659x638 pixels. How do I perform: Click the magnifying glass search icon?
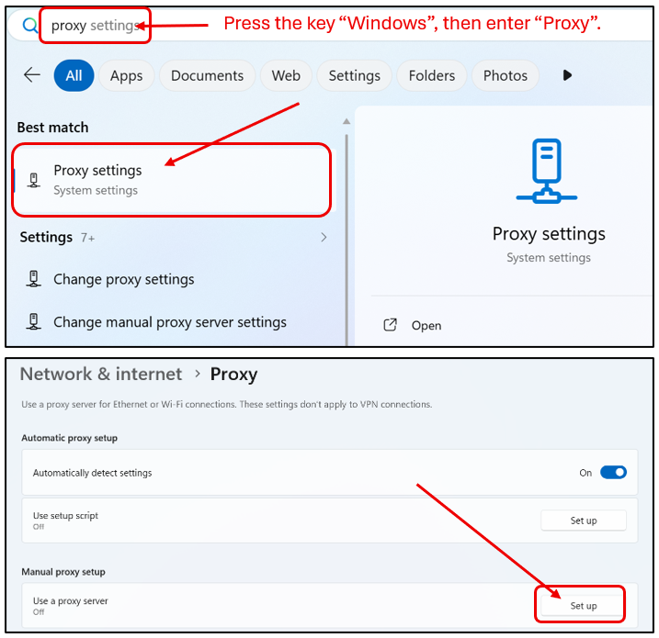30,26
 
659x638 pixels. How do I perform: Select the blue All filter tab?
74,75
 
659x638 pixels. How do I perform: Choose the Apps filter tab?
127,75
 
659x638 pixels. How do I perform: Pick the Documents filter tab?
207,75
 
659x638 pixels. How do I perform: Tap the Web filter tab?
286,75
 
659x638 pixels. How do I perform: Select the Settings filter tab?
354,75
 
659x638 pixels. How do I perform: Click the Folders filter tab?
432,75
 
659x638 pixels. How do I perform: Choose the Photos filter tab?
506,75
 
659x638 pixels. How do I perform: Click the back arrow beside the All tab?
32,75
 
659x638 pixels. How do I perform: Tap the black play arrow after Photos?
567,75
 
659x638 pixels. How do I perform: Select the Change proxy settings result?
123,279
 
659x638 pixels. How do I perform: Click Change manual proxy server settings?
170,322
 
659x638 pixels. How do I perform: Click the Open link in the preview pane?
426,325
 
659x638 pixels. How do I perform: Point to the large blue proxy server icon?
546,171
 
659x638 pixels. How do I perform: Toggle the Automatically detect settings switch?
613,473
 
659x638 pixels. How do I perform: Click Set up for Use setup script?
584,520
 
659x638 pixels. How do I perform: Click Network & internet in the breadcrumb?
101,374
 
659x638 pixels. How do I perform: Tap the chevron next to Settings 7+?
324,237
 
